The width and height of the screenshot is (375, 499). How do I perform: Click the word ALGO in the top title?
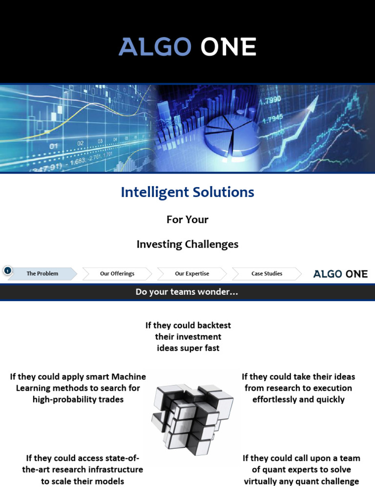pyautogui.click(x=154, y=47)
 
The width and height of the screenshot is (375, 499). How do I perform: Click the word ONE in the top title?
pyautogui.click(x=229, y=47)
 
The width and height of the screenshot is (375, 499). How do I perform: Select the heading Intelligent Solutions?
pyautogui.click(x=187, y=192)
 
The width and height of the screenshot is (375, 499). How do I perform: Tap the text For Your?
pyautogui.click(x=187, y=220)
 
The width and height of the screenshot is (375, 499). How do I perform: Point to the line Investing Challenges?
pyautogui.click(x=187, y=244)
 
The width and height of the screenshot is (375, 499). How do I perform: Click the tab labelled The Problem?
pyautogui.click(x=42, y=274)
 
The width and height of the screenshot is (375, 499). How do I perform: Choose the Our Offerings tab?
pyautogui.click(x=117, y=274)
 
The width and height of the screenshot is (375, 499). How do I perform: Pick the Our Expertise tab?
pyautogui.click(x=192, y=274)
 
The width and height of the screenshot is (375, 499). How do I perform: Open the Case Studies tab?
pyautogui.click(x=267, y=274)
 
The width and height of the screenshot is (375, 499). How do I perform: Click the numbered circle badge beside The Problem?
pyautogui.click(x=7, y=270)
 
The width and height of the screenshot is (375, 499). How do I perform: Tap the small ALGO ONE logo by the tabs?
pyautogui.click(x=340, y=274)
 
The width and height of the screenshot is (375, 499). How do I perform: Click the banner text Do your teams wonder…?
pyautogui.click(x=187, y=292)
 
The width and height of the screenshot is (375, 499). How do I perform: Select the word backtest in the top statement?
pyautogui.click(x=213, y=325)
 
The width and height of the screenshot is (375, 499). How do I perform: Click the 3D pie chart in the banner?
pyautogui.click(x=229, y=132)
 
